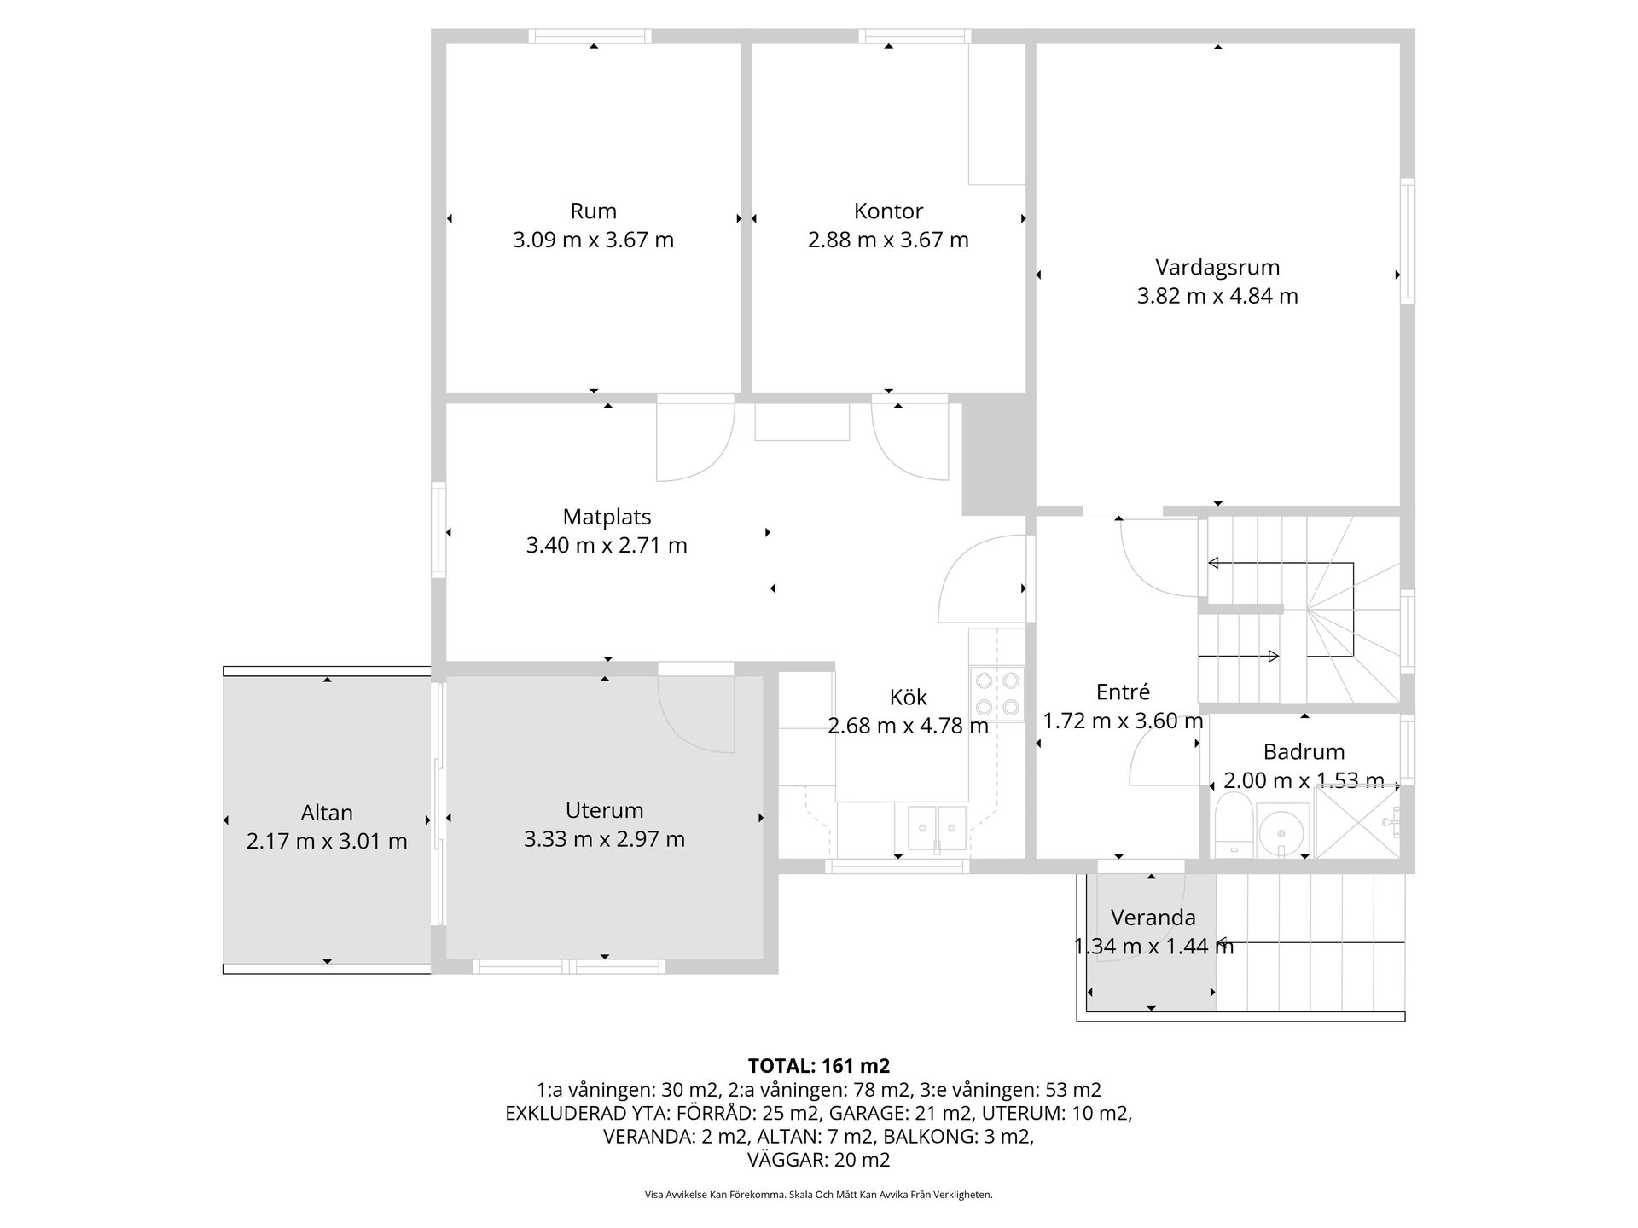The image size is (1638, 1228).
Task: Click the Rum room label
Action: coord(593,211)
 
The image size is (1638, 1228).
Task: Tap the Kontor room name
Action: coord(888,211)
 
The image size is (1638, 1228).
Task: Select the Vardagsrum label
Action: coord(1217,267)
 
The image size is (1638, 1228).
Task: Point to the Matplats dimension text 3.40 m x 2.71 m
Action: coord(607,545)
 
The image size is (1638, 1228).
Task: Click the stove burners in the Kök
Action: coord(997,693)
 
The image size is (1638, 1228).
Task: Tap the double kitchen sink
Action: coord(937,827)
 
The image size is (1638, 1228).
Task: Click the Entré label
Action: coord(1123,692)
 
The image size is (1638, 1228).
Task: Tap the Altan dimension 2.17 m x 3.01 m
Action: coord(327,842)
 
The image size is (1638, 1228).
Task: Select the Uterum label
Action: coord(604,810)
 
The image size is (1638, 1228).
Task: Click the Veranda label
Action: coord(1153,918)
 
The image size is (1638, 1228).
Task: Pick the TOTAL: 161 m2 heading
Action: coord(818,1066)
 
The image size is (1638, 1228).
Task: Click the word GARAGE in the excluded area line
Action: coord(868,1113)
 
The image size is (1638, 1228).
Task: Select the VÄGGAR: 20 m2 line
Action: coord(818,1160)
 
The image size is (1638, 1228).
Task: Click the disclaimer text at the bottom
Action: coord(818,1195)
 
